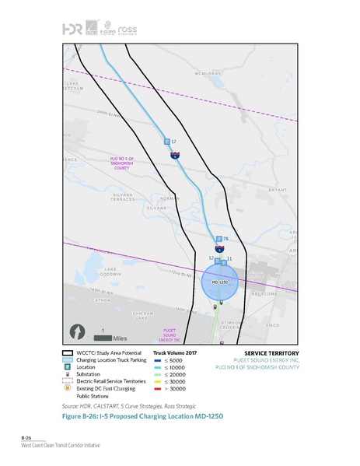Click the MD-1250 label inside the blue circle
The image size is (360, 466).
218,282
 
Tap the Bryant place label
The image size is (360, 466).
276,189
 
